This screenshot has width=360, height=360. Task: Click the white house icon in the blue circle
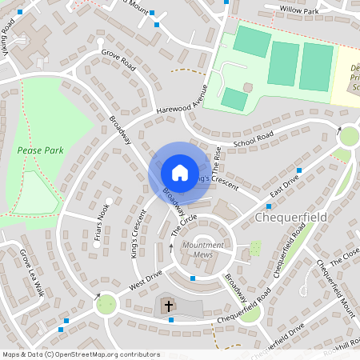[179, 172]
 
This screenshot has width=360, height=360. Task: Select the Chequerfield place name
[291, 218]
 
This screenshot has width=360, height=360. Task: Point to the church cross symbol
[169, 306]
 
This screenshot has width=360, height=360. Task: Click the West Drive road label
[145, 280]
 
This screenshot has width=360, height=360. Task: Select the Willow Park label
[298, 10]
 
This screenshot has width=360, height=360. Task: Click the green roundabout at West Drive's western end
[106, 303]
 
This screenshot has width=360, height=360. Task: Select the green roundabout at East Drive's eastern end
[349, 137]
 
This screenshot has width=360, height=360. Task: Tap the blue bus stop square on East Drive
[299, 170]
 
